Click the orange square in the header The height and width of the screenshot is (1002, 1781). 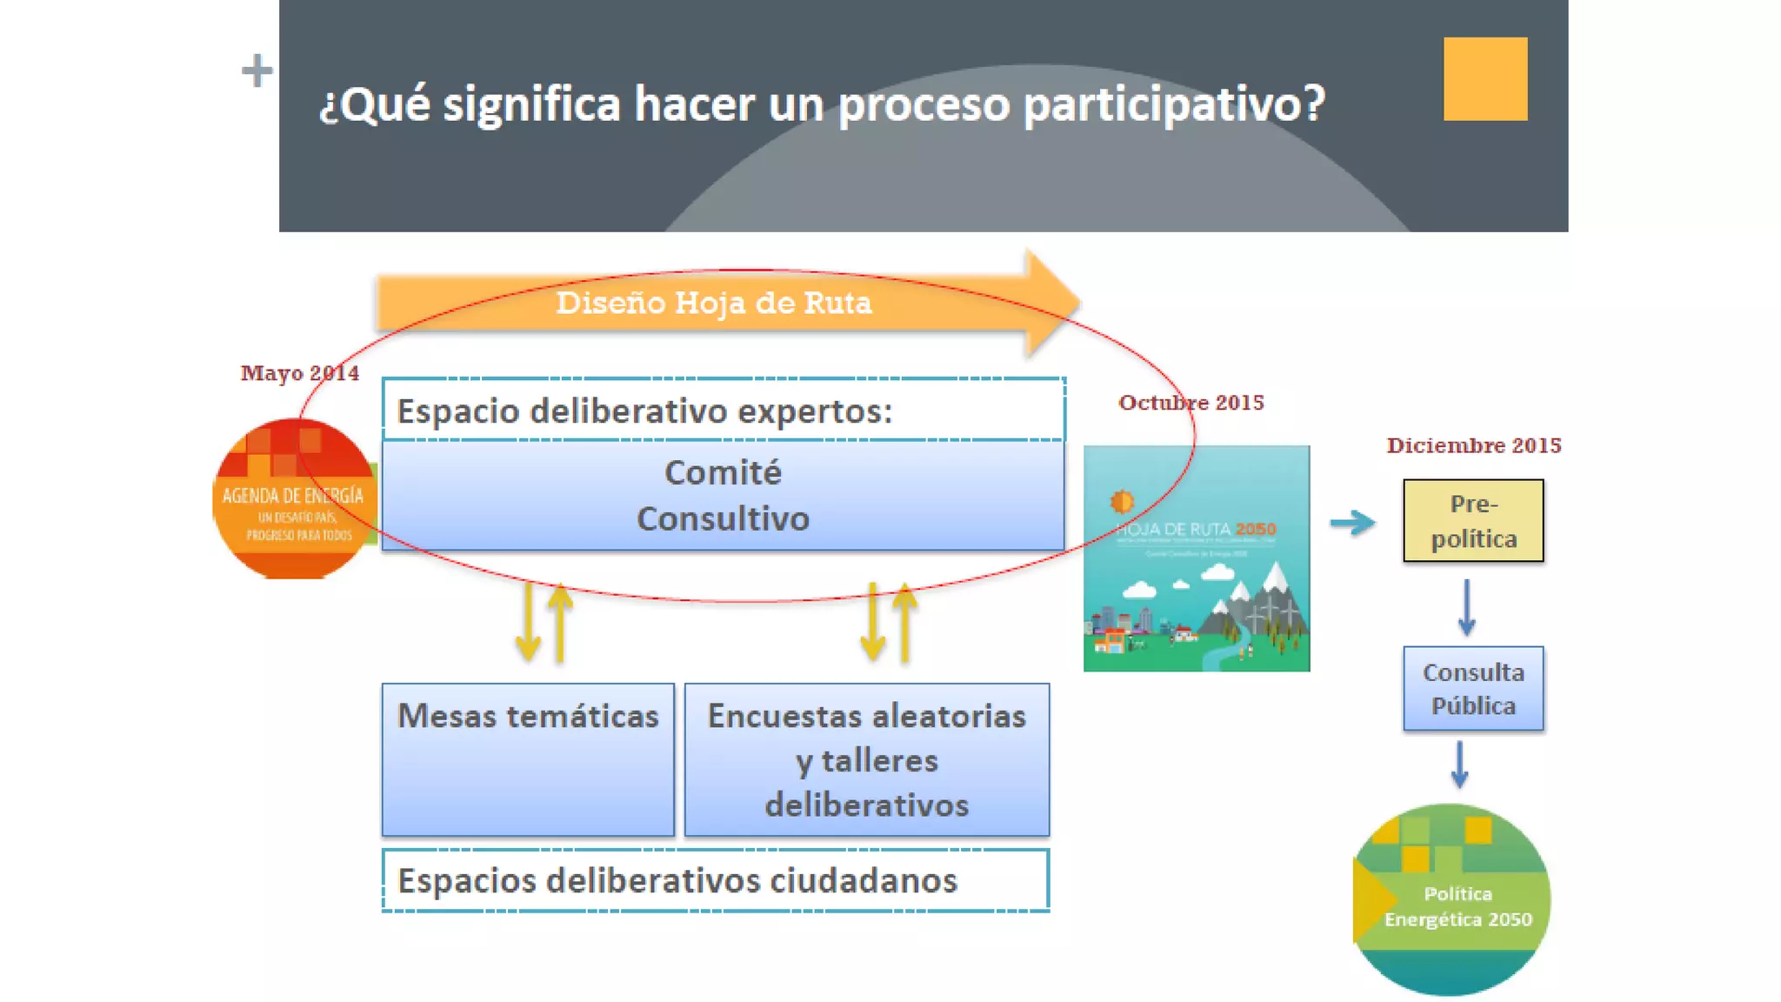(1484, 78)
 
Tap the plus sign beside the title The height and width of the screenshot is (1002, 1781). (257, 70)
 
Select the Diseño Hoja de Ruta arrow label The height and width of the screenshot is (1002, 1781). (713, 303)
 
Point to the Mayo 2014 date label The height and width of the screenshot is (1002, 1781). (299, 373)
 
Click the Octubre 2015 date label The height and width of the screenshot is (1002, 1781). (1191, 403)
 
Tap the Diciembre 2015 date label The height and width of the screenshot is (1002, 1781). (1473, 445)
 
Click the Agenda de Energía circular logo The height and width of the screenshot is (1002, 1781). (294, 499)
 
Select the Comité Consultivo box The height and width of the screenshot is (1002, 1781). (723, 496)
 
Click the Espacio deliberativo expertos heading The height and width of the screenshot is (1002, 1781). (644, 411)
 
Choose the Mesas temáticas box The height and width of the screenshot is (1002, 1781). (528, 758)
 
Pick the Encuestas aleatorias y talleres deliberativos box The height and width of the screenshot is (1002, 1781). (866, 759)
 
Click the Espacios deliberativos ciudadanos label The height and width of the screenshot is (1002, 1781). (677, 880)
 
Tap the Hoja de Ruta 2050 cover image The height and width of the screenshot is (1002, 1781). (1196, 558)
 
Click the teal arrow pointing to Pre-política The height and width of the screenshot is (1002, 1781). (1352, 523)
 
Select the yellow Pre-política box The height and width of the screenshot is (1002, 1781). (1473, 520)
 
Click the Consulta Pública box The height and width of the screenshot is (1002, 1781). (1473, 688)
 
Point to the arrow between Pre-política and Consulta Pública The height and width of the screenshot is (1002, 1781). (1466, 607)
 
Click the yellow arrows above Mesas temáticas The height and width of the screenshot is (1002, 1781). (544, 623)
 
